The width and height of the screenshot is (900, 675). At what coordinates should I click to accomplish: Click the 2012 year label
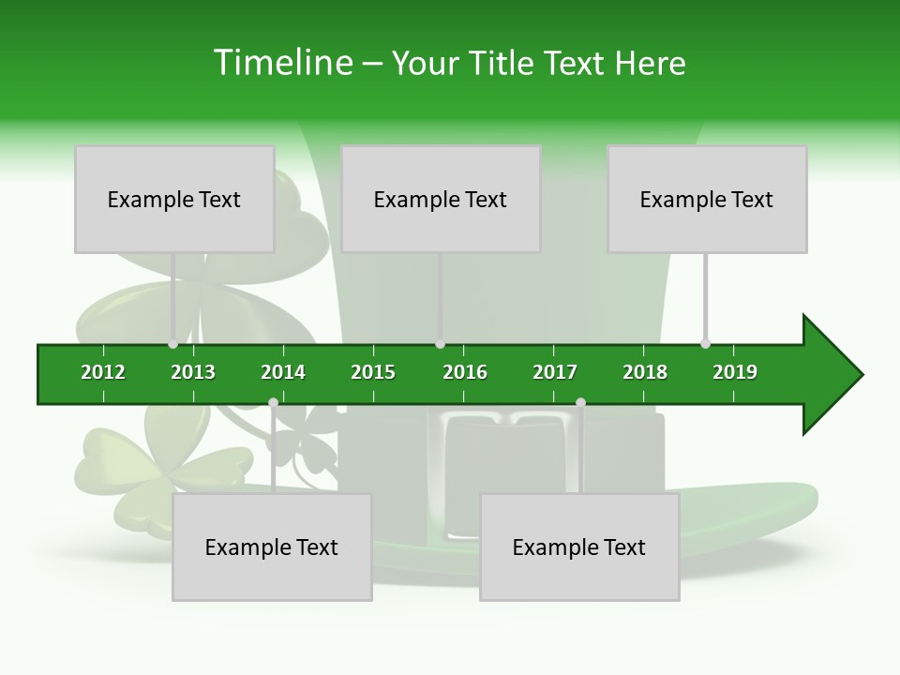pos(103,372)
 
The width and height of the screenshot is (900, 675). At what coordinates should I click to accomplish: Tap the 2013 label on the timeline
pos(193,372)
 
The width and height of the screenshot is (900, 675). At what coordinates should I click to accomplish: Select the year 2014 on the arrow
pos(283,372)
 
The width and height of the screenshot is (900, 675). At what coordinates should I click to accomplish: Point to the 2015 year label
pos(373,372)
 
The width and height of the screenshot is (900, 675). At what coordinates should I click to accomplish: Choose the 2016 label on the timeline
pos(465,372)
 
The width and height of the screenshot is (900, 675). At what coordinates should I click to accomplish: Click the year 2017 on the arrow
pos(555,372)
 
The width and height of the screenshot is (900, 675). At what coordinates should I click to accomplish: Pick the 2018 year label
pos(645,372)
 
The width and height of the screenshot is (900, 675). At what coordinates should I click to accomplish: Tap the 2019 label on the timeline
pos(735,372)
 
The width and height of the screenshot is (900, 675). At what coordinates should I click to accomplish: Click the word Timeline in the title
pos(281,63)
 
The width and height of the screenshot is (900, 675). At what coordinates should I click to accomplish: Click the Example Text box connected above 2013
pos(174,199)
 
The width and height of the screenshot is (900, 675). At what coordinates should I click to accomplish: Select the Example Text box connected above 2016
pos(441,199)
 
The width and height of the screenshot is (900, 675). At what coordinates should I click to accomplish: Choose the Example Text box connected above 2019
pos(707,199)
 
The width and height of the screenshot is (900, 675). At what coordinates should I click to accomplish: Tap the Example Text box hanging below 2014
pos(272,547)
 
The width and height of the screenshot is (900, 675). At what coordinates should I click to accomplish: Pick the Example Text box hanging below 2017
pos(579,547)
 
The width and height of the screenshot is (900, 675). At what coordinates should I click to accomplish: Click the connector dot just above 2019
pos(705,343)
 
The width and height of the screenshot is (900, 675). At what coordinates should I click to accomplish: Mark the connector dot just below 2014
pos(273,403)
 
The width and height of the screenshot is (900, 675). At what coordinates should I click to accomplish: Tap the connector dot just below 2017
pos(580,403)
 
